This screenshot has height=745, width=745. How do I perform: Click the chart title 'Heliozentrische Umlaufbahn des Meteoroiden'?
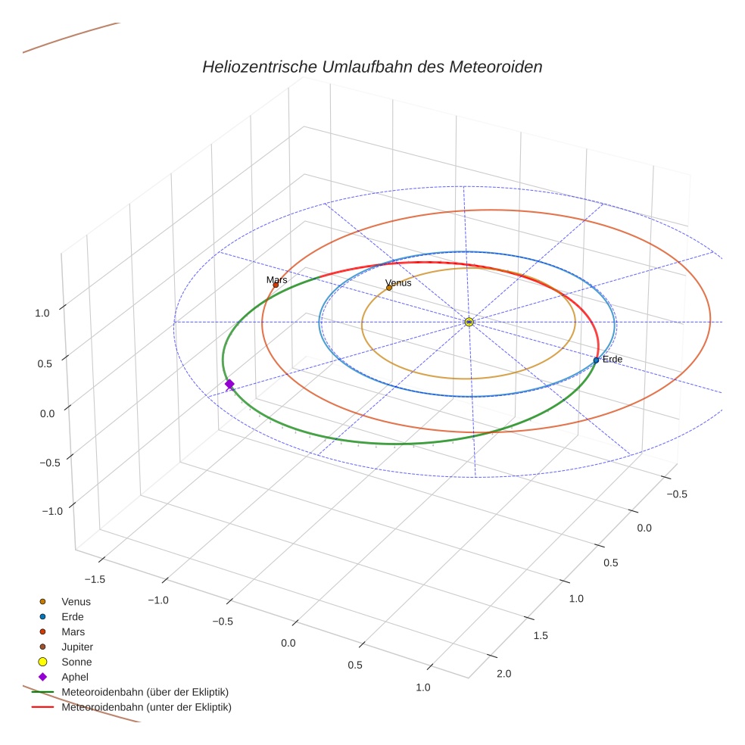[372, 67]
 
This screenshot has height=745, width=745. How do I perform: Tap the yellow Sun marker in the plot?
[469, 322]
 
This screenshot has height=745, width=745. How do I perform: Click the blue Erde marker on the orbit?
[596, 360]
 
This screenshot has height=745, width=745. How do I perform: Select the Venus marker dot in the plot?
[389, 288]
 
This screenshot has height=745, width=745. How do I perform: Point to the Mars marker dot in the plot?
[276, 285]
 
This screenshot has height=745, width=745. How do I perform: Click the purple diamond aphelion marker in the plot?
[229, 385]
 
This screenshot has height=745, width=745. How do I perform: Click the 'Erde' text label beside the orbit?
[612, 359]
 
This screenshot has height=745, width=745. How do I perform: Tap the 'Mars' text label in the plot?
[277, 280]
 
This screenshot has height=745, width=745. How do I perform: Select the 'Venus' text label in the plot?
[398, 282]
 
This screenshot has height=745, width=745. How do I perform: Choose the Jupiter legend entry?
[77, 647]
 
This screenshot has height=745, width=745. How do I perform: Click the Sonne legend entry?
[76, 662]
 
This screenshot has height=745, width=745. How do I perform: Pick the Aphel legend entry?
[75, 677]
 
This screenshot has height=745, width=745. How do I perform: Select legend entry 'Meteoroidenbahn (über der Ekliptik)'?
[145, 692]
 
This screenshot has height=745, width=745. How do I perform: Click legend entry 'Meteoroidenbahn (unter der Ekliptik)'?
[146, 707]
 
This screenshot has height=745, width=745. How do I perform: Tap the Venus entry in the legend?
[76, 601]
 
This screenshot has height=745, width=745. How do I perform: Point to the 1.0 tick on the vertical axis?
[42, 312]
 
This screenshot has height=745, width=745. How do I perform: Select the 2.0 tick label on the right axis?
[503, 674]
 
